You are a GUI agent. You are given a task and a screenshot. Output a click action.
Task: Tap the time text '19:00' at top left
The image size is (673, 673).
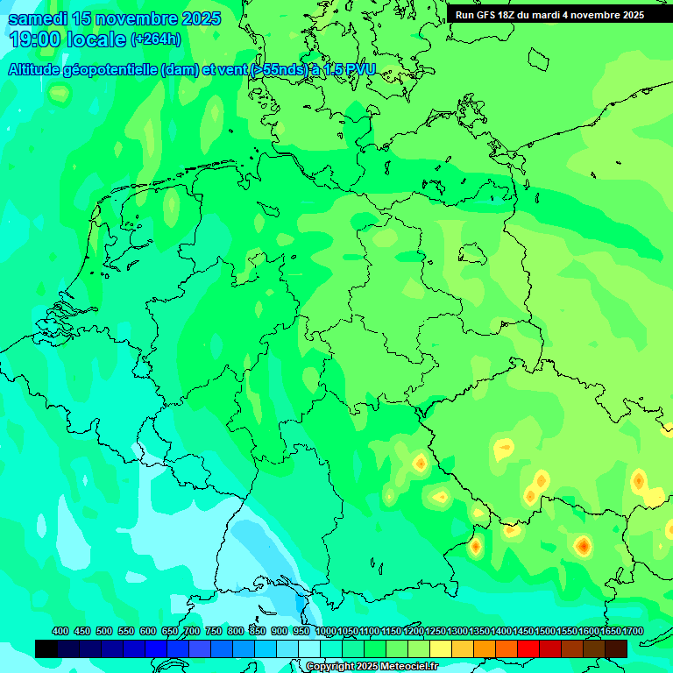pos(34,39)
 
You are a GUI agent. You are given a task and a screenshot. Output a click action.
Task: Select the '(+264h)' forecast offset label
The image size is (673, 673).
pos(156,39)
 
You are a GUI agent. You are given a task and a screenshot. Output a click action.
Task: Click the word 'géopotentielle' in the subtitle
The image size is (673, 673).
pos(110,70)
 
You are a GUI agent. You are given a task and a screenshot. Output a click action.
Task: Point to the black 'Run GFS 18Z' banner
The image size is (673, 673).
pos(549,15)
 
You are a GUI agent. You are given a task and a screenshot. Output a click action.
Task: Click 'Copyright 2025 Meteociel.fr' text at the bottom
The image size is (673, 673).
pos(372,667)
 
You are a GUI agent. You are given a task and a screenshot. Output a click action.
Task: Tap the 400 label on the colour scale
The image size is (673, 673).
pos(60,632)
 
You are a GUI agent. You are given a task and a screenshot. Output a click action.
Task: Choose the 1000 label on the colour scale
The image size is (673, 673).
pos(326,632)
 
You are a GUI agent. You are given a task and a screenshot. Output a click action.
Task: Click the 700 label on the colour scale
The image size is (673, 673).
pos(192,632)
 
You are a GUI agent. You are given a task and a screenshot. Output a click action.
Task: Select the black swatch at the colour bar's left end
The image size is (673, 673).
pos(46,648)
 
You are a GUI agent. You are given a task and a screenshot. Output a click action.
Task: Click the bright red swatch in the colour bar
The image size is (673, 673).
pos(528,648)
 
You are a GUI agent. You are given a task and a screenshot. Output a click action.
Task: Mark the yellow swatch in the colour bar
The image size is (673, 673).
pos(441,648)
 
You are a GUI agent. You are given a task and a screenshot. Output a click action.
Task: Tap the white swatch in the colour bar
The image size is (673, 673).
pos(309,648)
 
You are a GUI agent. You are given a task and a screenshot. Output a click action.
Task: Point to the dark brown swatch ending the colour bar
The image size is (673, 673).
pos(616,648)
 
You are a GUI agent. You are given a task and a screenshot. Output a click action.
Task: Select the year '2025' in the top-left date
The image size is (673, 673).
pos(199,18)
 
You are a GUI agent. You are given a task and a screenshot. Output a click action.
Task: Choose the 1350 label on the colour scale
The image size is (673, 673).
pos(479,632)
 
